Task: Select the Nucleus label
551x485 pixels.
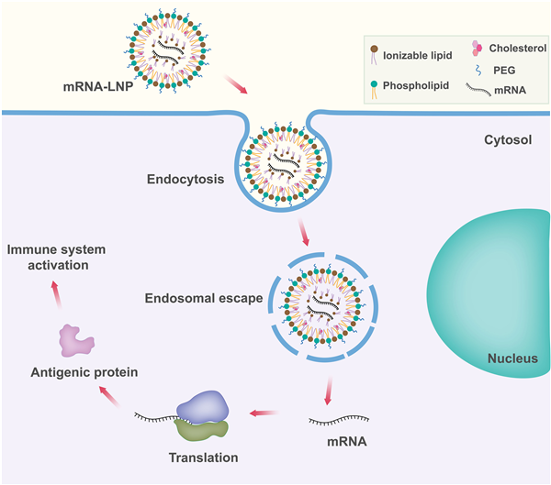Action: (512, 358)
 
